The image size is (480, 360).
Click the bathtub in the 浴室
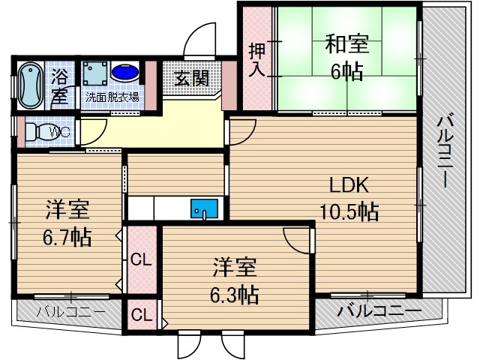(x=30, y=84)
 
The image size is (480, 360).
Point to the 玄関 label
(x=192, y=78)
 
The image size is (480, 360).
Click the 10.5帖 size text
(x=346, y=211)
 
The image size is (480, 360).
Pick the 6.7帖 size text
(x=67, y=238)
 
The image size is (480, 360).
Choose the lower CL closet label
(x=140, y=314)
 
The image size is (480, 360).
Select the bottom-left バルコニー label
(x=65, y=311)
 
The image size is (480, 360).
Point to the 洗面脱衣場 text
(x=112, y=97)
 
